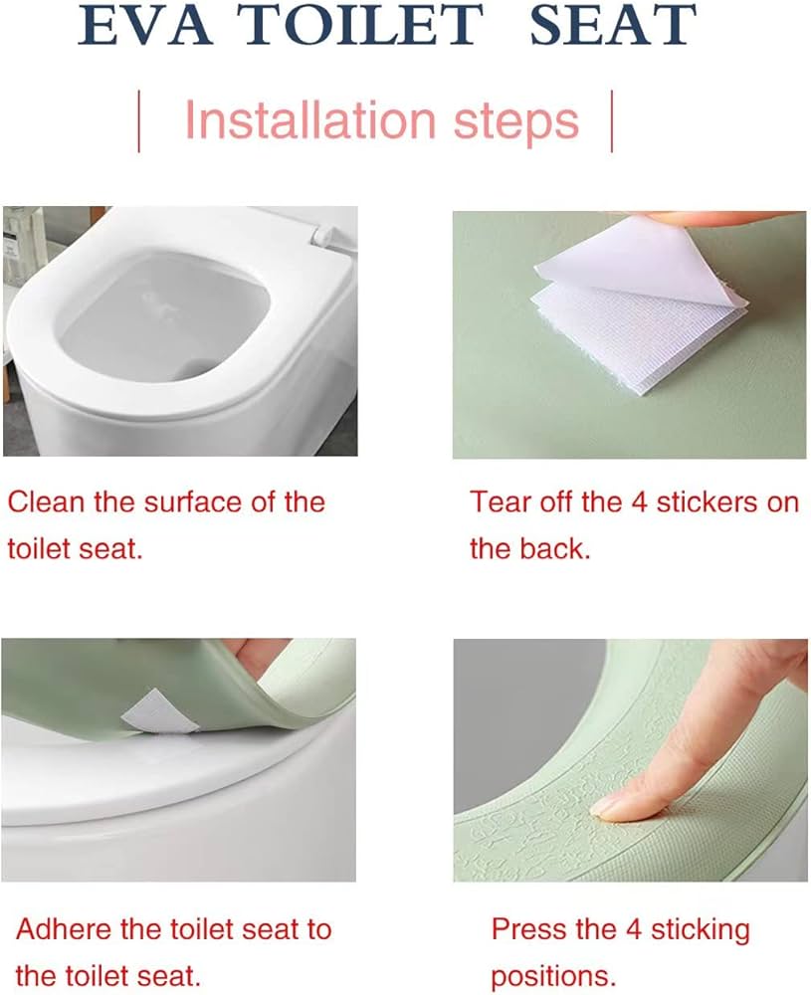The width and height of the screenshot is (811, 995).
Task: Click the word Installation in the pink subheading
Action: (310, 119)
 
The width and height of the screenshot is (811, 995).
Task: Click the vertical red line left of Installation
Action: (139, 121)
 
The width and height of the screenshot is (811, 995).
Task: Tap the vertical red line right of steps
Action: (612, 121)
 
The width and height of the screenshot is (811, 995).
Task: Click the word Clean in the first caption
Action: (46, 501)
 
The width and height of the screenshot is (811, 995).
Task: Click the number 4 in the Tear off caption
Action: (639, 502)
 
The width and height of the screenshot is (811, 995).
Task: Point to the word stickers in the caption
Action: (707, 501)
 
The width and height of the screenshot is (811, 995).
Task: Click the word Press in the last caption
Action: (529, 929)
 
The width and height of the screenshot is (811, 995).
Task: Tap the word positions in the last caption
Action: (553, 977)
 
